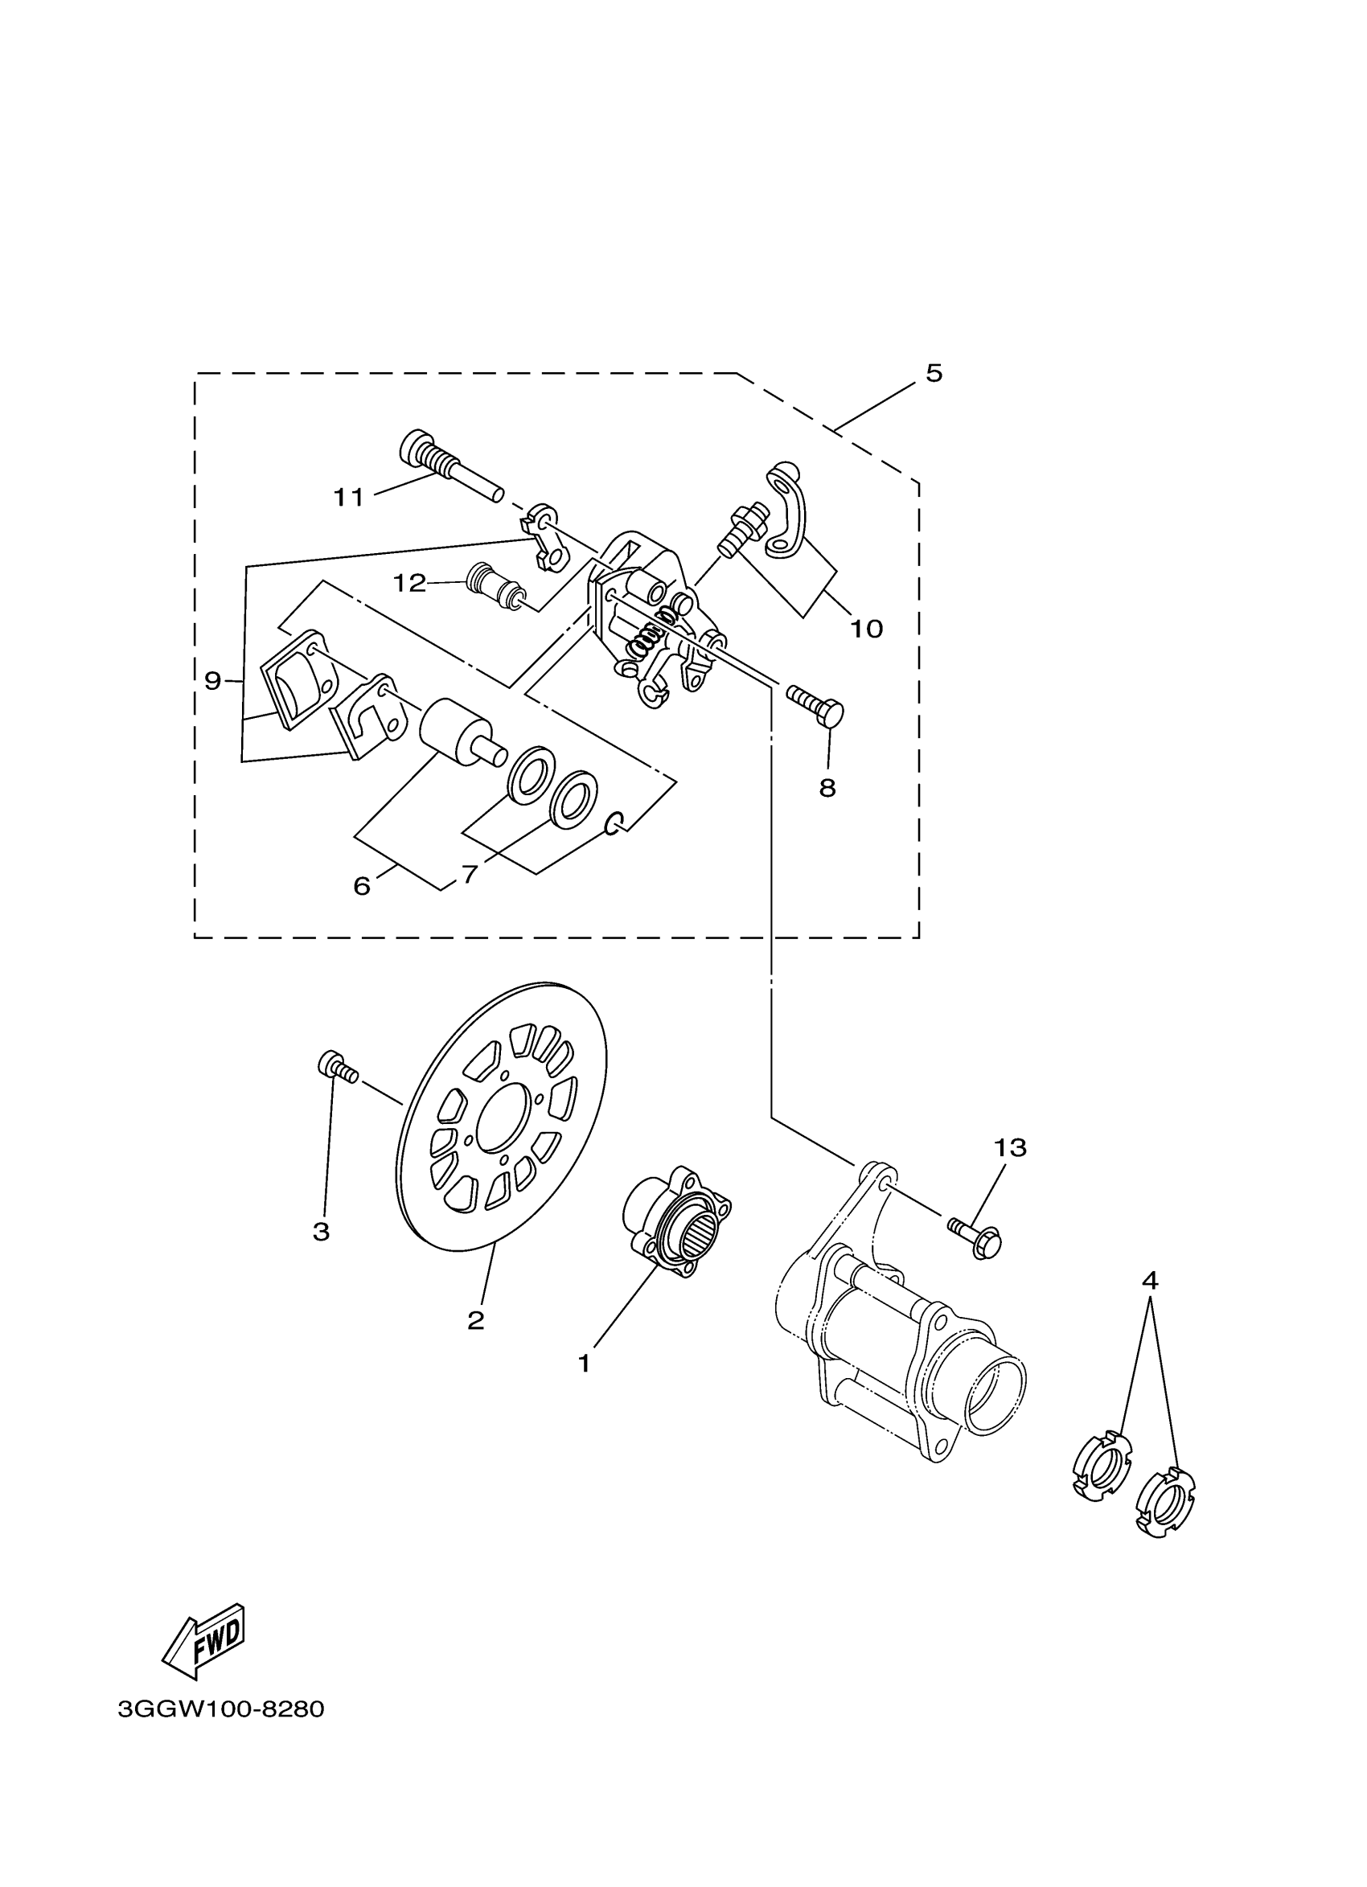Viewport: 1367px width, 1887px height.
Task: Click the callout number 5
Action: [934, 374]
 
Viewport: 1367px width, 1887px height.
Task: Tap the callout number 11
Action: [349, 498]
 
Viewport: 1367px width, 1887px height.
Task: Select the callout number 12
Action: [409, 583]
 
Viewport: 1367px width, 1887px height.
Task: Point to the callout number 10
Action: [865, 629]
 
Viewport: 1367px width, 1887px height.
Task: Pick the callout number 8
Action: [827, 788]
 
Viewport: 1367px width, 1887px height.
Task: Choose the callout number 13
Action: [1010, 1148]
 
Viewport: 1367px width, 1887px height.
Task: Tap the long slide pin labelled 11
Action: [450, 468]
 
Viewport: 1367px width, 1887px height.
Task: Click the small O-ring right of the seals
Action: [614, 822]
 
